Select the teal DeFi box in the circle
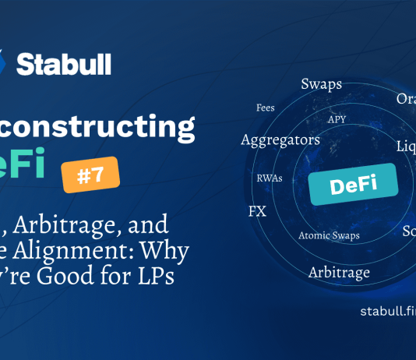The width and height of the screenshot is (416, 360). click(353, 185)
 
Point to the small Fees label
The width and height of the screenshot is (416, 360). click(265, 108)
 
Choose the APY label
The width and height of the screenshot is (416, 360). click(337, 119)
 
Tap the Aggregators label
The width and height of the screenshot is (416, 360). click(270, 140)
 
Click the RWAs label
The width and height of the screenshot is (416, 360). click(270, 178)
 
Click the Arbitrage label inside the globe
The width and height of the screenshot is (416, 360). click(339, 272)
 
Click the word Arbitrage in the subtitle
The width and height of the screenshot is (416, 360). click(70, 226)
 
